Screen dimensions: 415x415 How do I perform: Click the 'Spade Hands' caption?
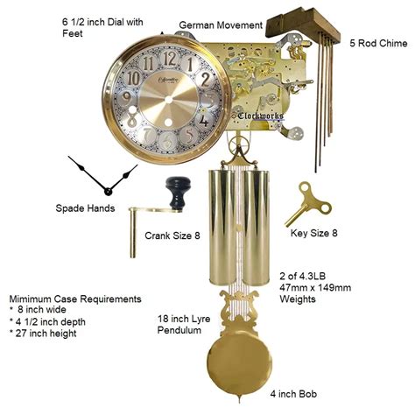[88, 209]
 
